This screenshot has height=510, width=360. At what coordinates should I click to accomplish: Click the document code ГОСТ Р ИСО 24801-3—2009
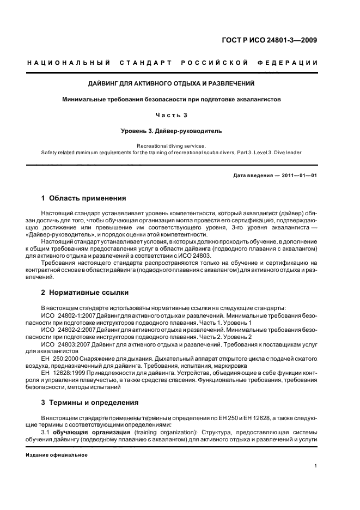click(276, 40)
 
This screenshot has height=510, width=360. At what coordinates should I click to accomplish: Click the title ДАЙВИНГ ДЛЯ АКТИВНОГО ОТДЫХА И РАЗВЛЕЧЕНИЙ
click(172, 83)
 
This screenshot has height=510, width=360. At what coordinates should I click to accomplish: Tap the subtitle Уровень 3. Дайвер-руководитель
click(172, 131)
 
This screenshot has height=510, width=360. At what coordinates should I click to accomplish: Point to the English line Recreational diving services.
click(172, 146)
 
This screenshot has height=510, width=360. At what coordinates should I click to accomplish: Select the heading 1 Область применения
click(84, 198)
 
